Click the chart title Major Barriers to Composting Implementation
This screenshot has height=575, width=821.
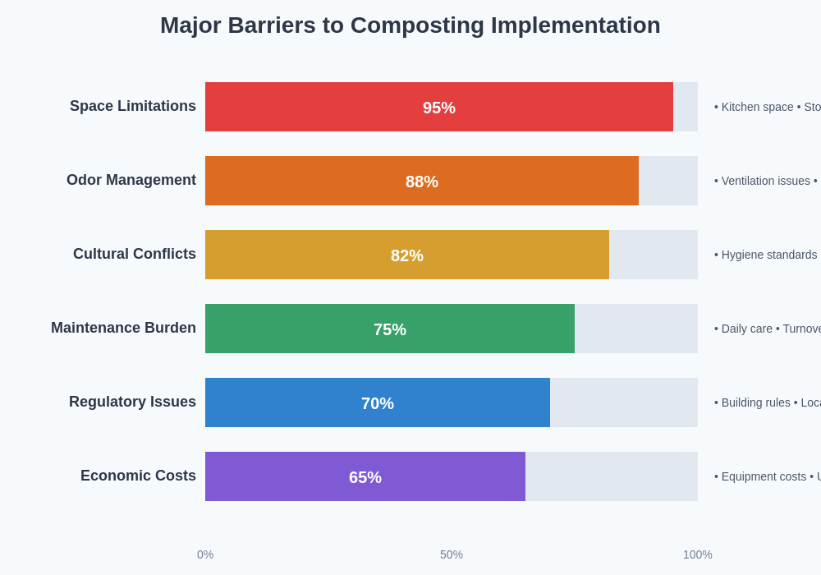click(410, 25)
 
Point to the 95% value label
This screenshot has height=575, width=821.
click(439, 108)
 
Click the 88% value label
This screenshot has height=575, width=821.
click(422, 182)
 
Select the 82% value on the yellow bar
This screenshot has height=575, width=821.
click(407, 255)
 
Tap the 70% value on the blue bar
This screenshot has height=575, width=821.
click(378, 403)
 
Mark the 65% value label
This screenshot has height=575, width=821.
click(365, 477)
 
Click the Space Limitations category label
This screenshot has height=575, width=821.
click(133, 106)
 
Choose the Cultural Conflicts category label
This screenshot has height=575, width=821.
click(135, 254)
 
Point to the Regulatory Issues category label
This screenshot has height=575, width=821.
click(132, 402)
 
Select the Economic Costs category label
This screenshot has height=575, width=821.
click(138, 476)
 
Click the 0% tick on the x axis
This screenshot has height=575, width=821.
click(205, 554)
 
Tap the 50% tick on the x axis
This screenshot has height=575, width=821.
click(452, 554)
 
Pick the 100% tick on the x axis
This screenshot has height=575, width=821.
click(698, 554)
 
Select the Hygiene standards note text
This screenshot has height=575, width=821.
click(768, 255)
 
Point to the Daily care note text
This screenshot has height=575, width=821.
click(746, 329)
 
